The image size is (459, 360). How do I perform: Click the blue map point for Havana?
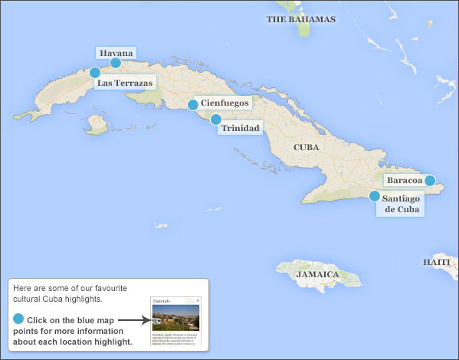pyautogui.click(x=116, y=63)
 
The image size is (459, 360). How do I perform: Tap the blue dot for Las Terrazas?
pyautogui.click(x=95, y=73)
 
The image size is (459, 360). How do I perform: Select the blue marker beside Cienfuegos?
pyautogui.click(x=193, y=105)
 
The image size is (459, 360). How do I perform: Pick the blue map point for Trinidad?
pyautogui.click(x=216, y=119)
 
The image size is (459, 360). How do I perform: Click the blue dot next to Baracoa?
pyautogui.click(x=430, y=181)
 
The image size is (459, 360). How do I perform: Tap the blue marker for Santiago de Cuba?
pyautogui.click(x=375, y=196)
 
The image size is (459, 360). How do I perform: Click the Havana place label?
pyautogui.click(x=116, y=53)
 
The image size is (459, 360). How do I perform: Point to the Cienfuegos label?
pyautogui.click(x=224, y=103)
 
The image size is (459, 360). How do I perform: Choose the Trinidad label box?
pyautogui.click(x=240, y=128)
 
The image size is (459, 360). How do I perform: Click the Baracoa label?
pyautogui.click(x=405, y=181)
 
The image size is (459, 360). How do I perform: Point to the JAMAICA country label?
pyautogui.click(x=318, y=273)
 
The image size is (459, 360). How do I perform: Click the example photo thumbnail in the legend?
pyautogui.click(x=175, y=318)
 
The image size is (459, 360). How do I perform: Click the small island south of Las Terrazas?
pyautogui.click(x=97, y=123)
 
